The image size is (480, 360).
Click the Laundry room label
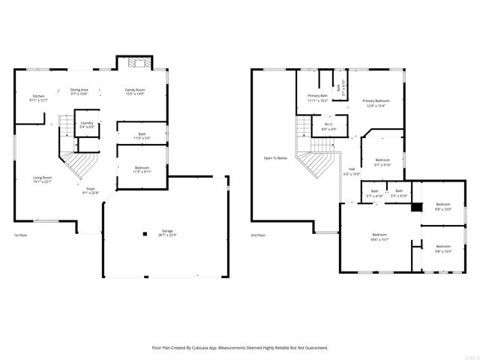click(87, 124)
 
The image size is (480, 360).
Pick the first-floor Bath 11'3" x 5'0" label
click(142, 136)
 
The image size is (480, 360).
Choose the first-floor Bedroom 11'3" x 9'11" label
click(142, 169)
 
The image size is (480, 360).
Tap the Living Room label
click(42, 179)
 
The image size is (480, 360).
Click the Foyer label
click(91, 190)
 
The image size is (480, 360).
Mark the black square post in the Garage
click(145, 234)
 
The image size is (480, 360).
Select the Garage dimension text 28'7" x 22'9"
click(166, 235)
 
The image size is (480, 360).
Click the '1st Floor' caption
click(20, 235)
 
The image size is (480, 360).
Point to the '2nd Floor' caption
click(258, 235)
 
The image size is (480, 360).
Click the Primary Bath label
click(318, 97)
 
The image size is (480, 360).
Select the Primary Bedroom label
click(375, 103)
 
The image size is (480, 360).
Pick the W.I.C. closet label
click(328, 127)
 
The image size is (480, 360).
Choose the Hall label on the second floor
click(352, 171)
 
